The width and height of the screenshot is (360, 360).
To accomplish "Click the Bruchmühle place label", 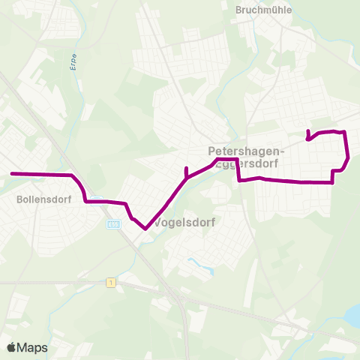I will (263, 10).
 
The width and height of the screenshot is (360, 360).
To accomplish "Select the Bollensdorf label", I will (38, 200).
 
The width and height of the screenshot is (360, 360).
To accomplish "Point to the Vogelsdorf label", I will (184, 223).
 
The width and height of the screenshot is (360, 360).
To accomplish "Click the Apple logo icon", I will (11, 347).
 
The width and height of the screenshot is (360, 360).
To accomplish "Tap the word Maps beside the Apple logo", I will (32, 347).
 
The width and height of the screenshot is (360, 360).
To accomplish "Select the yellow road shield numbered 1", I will (111, 282).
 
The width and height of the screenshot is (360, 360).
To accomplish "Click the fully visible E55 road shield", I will (113, 223).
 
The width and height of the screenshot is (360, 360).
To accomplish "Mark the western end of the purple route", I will (11, 174).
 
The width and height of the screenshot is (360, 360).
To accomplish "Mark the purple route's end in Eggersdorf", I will (307, 131).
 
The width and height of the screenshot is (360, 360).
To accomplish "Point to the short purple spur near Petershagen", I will (186, 172).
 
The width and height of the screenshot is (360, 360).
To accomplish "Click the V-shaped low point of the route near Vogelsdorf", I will (144, 229).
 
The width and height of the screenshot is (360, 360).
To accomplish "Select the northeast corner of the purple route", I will (344, 133).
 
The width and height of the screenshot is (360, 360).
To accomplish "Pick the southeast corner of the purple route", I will (331, 181).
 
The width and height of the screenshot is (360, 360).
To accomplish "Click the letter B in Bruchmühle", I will (238, 10).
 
